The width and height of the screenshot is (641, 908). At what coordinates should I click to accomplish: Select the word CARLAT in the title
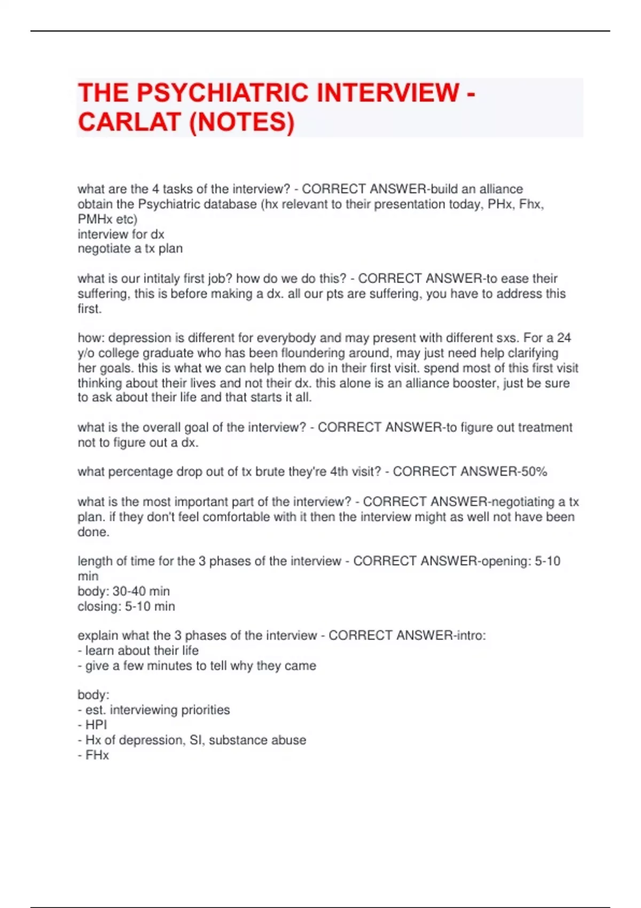coord(129,122)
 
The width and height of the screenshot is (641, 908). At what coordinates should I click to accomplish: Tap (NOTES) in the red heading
coord(241,122)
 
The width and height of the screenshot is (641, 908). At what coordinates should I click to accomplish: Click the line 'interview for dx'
coord(121,234)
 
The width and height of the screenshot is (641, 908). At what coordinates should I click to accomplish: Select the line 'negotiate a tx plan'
coord(130,248)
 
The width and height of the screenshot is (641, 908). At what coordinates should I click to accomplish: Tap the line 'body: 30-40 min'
coord(123,591)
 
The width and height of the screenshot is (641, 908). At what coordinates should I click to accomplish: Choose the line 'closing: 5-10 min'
coord(126,606)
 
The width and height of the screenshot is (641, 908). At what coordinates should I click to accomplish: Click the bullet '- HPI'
coord(92,725)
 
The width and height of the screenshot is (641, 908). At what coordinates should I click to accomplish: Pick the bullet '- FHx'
coord(93,755)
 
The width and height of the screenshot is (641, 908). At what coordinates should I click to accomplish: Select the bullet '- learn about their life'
coord(138,651)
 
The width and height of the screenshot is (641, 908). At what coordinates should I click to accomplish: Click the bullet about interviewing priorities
coord(153,710)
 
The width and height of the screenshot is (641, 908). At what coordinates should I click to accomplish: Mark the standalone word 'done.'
coord(93,532)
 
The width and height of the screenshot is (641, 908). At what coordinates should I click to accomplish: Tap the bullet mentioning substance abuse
coord(192,740)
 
